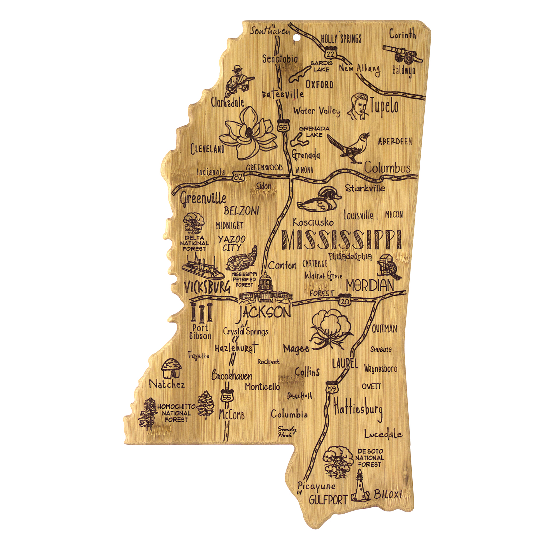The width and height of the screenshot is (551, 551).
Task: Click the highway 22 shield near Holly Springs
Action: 330,54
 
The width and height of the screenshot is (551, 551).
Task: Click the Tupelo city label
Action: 384,107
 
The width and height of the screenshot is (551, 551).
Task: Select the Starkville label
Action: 365,188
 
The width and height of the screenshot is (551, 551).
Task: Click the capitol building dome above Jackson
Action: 265,282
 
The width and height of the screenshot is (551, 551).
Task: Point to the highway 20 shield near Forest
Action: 345,301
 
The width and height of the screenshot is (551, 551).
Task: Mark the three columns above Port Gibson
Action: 201,313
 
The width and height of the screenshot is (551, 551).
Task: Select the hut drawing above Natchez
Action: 171,369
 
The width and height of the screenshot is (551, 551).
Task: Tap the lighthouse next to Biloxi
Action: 360,486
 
